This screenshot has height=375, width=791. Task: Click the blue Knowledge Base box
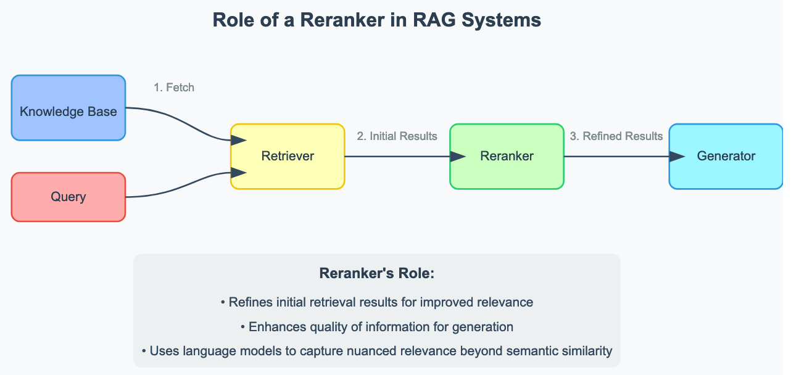[68, 108]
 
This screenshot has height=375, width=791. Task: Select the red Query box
[68, 197]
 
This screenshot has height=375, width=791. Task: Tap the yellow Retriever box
[288, 156]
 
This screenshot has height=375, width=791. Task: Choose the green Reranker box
[507, 156]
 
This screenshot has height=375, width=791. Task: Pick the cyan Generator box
[726, 156]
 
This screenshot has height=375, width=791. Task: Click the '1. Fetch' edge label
[174, 88]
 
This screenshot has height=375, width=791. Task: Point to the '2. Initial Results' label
[397, 136]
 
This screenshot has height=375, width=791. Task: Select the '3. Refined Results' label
[616, 136]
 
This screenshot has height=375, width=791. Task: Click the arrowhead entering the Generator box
[677, 157]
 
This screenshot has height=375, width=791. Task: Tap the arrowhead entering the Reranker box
[458, 157]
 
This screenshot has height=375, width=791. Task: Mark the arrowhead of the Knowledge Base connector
[239, 141]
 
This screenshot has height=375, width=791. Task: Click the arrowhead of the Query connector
[239, 173]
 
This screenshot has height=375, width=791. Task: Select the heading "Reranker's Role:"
[377, 273]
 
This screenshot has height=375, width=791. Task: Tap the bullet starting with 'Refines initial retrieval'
[377, 302]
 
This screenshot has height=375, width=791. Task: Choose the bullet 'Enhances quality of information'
[377, 327]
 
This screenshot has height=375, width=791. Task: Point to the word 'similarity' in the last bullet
[584, 351]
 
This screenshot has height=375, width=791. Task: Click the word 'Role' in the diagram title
[233, 20]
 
